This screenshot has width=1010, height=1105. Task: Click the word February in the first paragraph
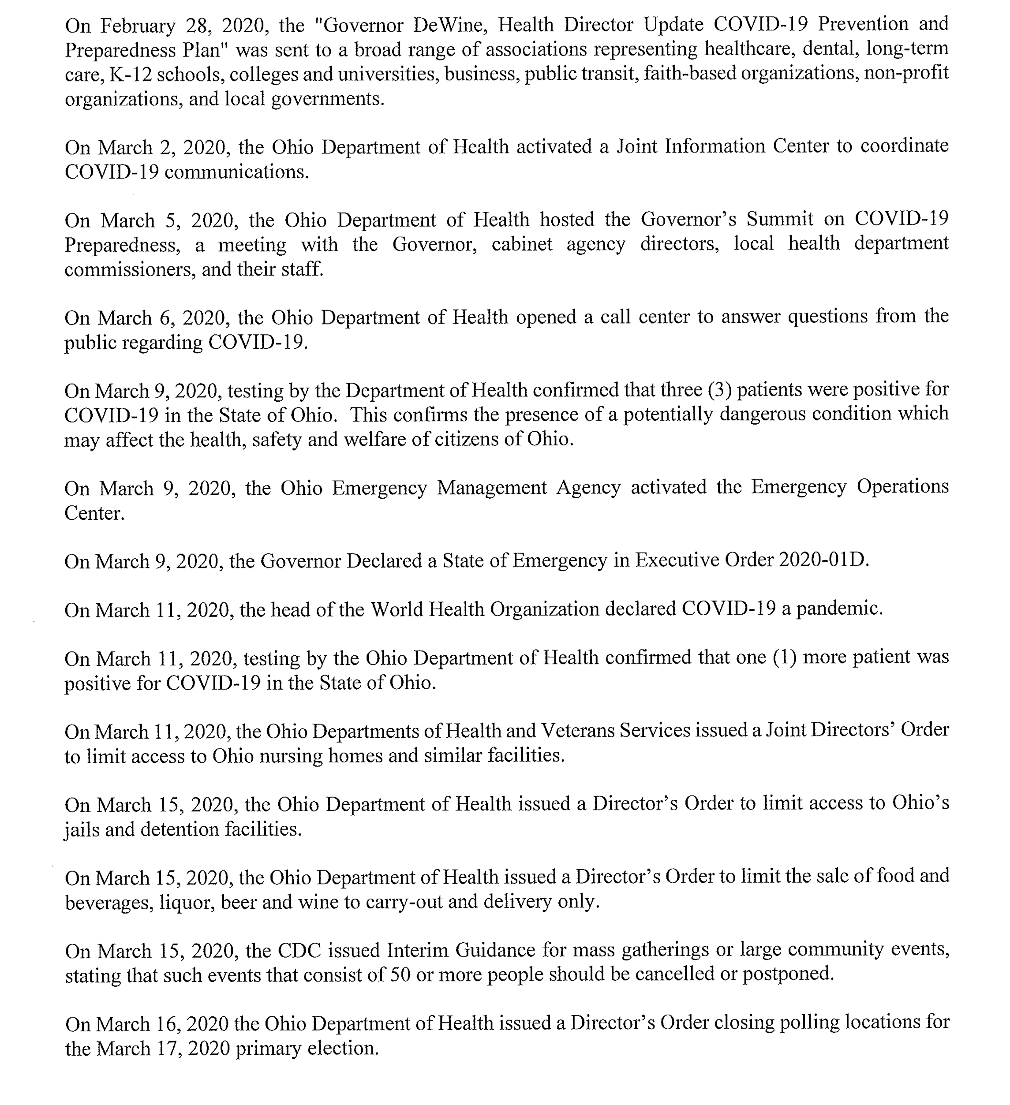(137, 25)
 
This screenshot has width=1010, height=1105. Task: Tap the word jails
(82, 829)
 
